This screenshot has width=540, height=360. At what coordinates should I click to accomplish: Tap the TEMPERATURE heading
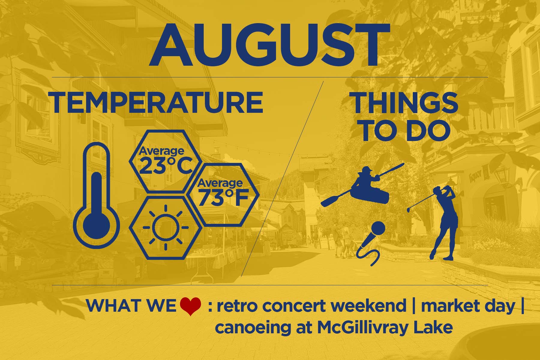click(x=157, y=103)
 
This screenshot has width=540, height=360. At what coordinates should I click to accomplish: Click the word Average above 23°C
click(x=161, y=151)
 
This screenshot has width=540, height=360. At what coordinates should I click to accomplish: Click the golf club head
click(x=409, y=211)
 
